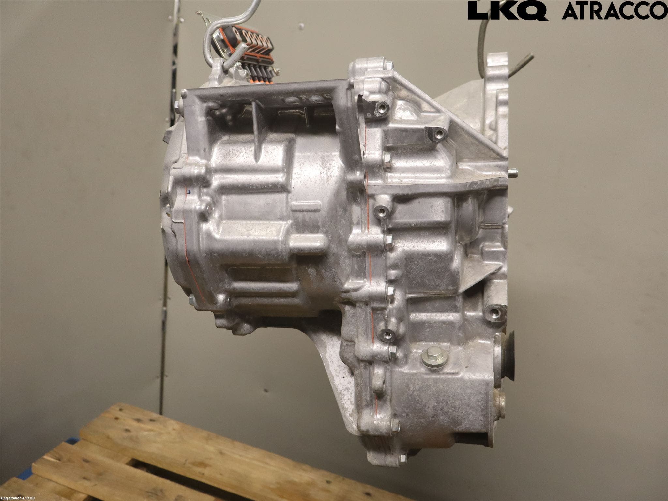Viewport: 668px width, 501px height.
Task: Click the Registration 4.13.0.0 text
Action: tap(22, 498)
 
